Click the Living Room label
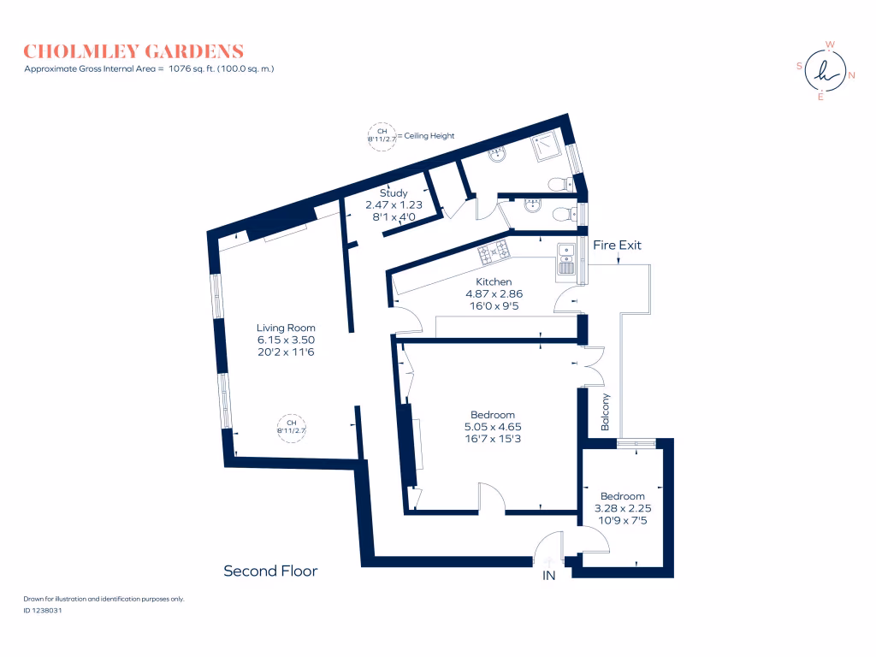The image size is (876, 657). [x=286, y=328]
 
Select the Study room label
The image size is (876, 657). [x=394, y=193]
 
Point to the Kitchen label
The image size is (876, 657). [x=494, y=281]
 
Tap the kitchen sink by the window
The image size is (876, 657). [x=565, y=258]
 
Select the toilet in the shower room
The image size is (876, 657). [x=560, y=183]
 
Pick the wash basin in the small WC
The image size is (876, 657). [x=531, y=205]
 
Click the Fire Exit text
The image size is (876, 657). [x=617, y=246]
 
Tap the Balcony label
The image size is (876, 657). [x=606, y=411]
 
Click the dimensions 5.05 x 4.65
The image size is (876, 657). [x=493, y=427]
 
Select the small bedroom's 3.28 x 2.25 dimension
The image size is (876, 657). [x=622, y=508]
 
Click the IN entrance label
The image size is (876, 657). [x=549, y=576]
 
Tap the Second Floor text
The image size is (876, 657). [x=270, y=571]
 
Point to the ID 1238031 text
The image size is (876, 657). [x=43, y=611]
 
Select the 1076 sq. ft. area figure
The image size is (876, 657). [x=194, y=68]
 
